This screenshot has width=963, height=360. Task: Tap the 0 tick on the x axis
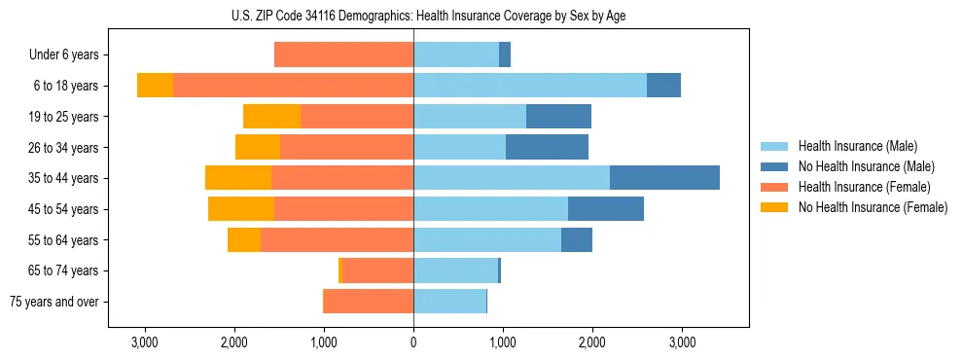pos(413,342)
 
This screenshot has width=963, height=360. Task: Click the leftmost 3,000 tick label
pos(145,342)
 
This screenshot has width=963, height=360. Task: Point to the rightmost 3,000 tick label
pos(682,342)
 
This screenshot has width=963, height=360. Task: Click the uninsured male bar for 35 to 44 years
pos(664,178)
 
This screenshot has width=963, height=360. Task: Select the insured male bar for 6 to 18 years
pos(530,86)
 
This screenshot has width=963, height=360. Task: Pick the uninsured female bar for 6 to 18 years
pos(155,86)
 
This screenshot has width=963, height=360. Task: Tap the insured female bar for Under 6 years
pos(343,54)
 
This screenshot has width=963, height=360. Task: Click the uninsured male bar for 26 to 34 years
pos(547,147)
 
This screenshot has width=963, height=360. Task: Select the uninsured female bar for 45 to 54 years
pos(241,209)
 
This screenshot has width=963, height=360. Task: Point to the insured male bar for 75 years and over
pos(449,302)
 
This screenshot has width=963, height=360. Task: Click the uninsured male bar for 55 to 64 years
pos(577,239)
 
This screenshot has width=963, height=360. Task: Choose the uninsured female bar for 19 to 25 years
pos(271,117)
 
